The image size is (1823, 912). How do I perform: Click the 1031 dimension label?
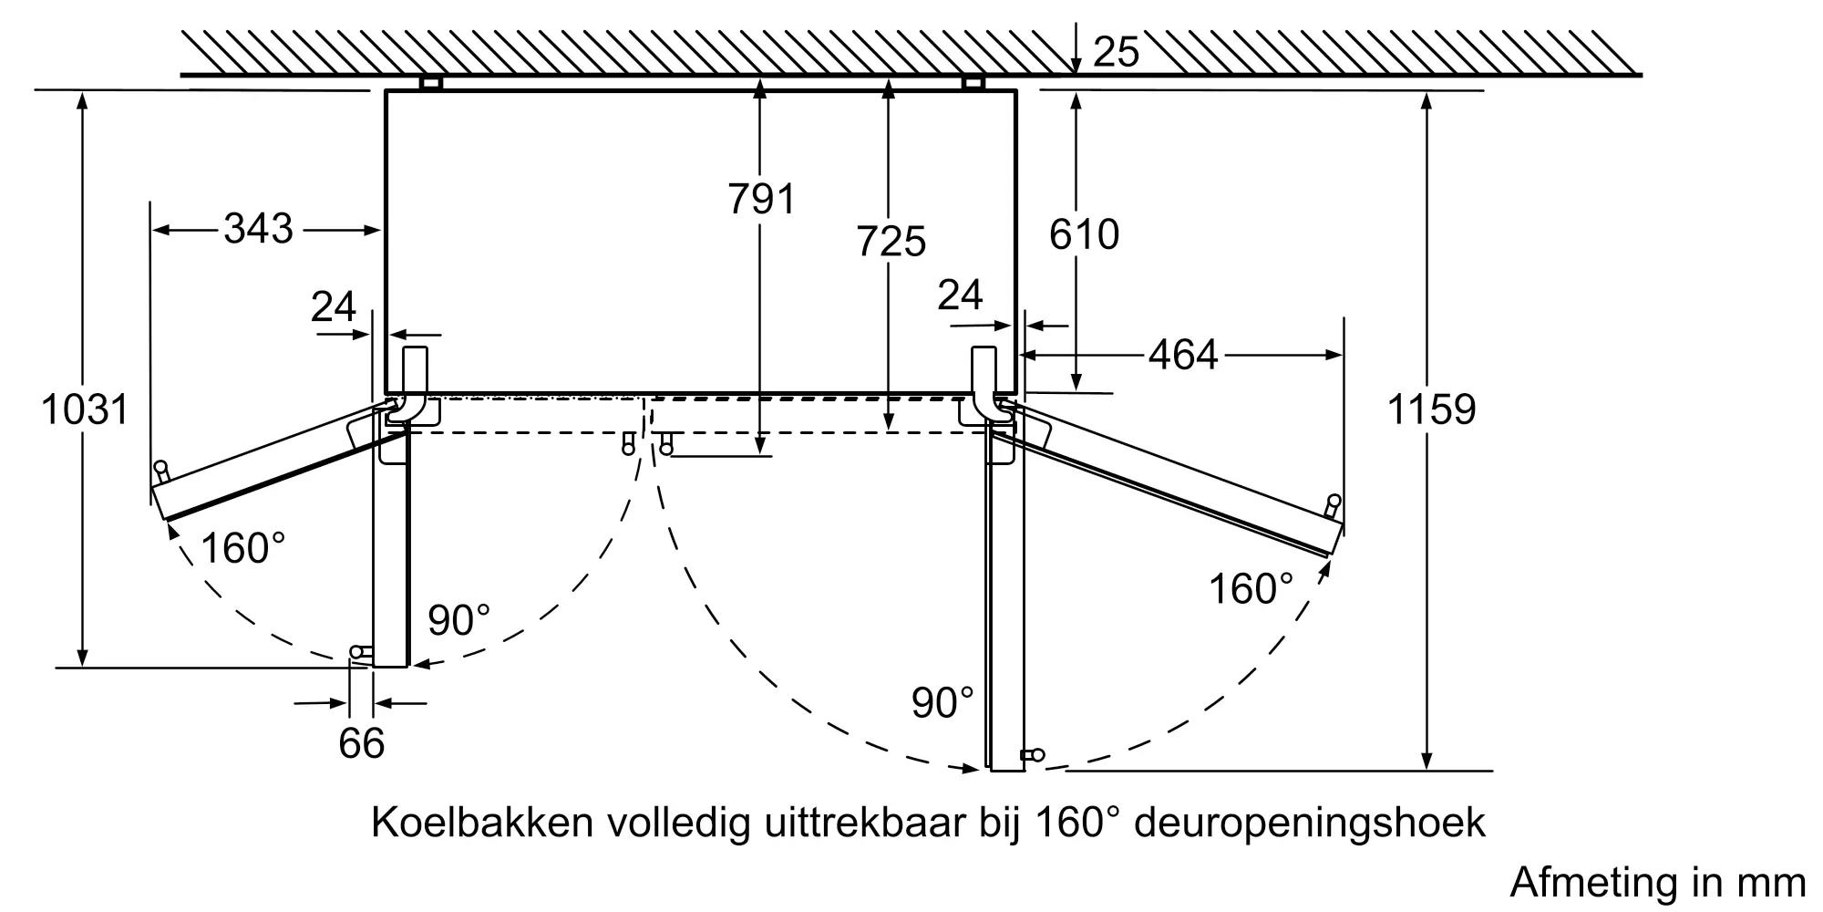coord(85,409)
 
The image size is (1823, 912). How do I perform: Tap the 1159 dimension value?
coord(1431,409)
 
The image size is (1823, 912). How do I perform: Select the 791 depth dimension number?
coord(762,199)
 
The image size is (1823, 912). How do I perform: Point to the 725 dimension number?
coord(891,242)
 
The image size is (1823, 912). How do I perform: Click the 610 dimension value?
coord(1084,234)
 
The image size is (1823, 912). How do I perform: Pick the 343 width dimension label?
coord(259,228)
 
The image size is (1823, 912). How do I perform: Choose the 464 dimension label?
coord(1183,354)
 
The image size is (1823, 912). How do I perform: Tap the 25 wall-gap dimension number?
coord(1116,52)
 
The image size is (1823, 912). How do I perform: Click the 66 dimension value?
coord(362,743)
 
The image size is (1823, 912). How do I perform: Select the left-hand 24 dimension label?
coord(334,306)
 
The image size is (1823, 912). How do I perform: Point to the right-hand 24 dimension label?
coord(961,295)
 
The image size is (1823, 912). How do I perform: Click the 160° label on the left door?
coord(243,548)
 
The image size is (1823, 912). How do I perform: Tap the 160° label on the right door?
coord(1251,588)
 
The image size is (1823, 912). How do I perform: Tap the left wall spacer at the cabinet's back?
coord(430,83)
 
